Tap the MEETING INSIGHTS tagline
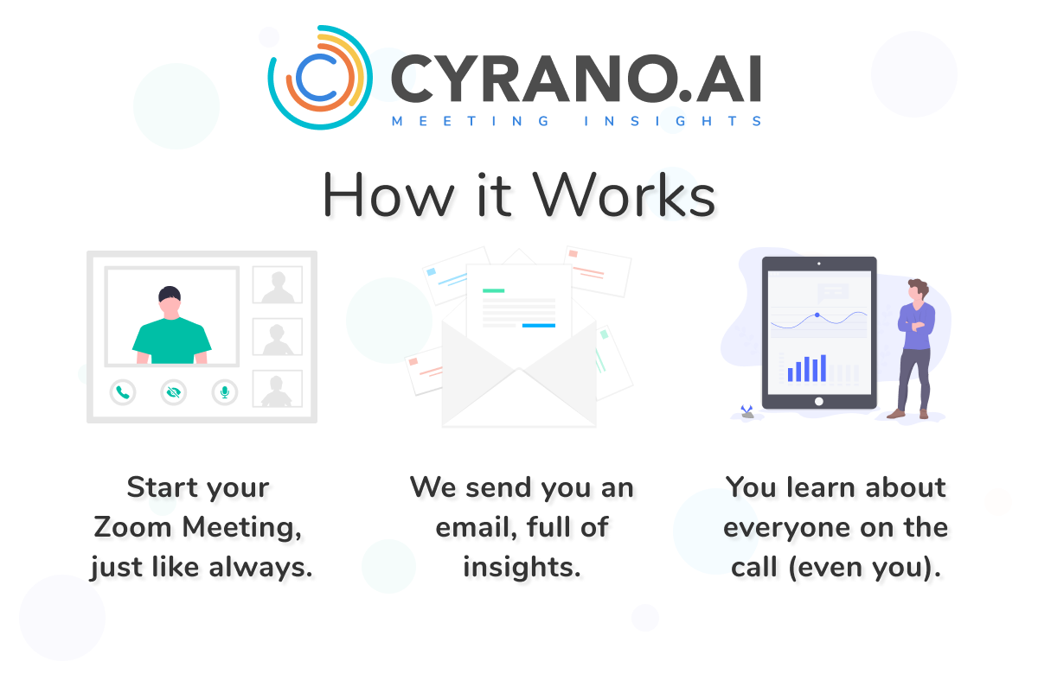577,122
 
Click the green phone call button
123,392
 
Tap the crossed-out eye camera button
174,392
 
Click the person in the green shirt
170,327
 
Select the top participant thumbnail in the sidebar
277,285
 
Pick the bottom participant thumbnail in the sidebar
277,389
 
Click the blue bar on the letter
539,326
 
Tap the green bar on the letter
493,291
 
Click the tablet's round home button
818,401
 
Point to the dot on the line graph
817,315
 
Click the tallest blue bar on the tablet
823,368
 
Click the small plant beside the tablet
746,411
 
